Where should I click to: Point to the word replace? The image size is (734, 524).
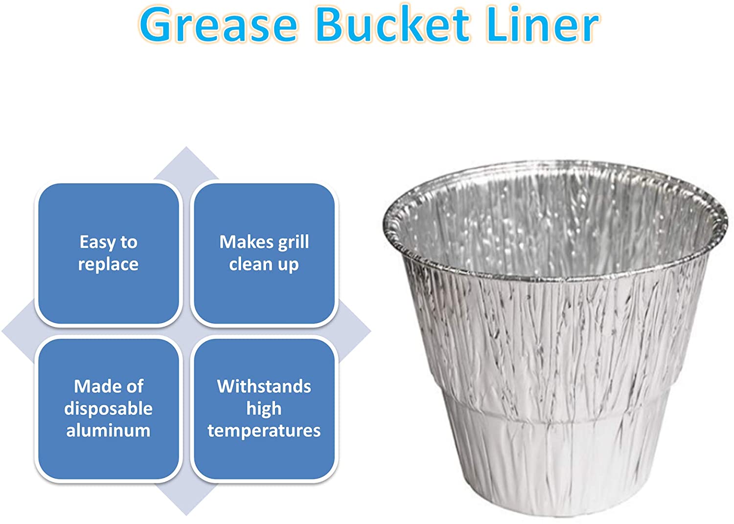[x=108, y=264]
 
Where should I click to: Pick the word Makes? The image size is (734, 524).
[x=247, y=242]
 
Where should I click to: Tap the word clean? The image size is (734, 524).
[x=251, y=264]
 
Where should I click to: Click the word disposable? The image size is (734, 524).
[x=108, y=409]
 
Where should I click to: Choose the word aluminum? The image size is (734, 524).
[x=108, y=430]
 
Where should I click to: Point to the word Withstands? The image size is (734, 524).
[x=264, y=387]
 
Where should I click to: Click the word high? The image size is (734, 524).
[x=264, y=409]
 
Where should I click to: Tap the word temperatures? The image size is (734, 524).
[x=264, y=431]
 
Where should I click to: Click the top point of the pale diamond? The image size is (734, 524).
[x=186, y=147]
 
